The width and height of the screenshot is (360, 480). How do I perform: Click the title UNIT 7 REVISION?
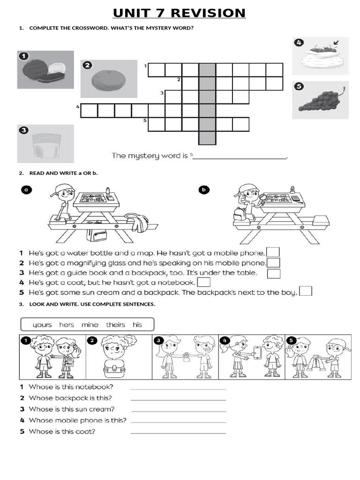pyautogui.click(x=180, y=13)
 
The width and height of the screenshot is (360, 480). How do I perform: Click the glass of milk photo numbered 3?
pyautogui.click(x=45, y=143)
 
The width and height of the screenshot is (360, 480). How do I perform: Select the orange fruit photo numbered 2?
pyautogui.click(x=108, y=78)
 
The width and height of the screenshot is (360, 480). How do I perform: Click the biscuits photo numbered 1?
pyautogui.click(x=45, y=70)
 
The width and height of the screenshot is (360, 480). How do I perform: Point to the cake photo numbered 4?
pyautogui.click(x=320, y=56)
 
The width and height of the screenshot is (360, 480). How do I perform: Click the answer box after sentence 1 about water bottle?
pyautogui.click(x=273, y=252)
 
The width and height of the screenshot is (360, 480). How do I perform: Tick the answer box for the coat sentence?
pyautogui.click(x=203, y=282)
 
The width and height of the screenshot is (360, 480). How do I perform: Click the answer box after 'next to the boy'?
pyautogui.click(x=306, y=292)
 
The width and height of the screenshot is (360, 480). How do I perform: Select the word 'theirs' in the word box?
pyautogui.click(x=115, y=324)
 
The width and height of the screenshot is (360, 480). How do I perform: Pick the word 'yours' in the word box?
pyautogui.click(x=42, y=324)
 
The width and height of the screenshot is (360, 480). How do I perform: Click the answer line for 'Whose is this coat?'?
pyautogui.click(x=178, y=432)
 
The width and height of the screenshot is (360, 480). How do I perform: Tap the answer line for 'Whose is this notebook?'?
pyautogui.click(x=178, y=388)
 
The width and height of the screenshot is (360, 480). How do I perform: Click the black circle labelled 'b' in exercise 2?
pyautogui.click(x=204, y=190)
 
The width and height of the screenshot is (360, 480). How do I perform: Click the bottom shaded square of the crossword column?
pyautogui.click(x=207, y=138)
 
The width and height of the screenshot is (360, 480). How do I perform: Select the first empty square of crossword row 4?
pyautogui.click(x=89, y=111)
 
